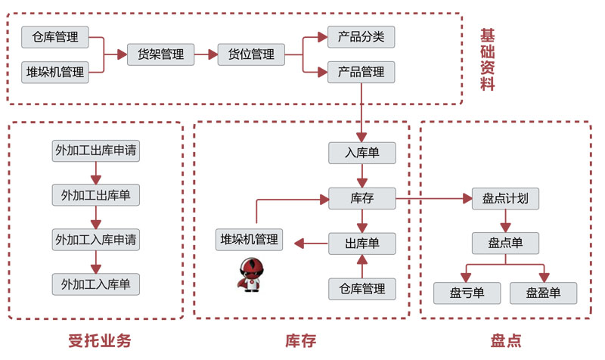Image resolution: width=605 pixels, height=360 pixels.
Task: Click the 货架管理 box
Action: [160, 54]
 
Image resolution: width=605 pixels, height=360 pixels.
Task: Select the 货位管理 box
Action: [251, 54]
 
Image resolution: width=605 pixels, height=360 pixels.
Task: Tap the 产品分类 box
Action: [361, 36]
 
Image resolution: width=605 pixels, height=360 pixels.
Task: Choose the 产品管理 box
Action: [361, 73]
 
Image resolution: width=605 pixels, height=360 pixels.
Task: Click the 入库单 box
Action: [361, 153]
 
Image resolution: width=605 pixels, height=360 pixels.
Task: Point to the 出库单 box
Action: [361, 244]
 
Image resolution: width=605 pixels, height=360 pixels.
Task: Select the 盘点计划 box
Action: [505, 200]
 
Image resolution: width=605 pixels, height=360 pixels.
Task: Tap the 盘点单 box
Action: [505, 244]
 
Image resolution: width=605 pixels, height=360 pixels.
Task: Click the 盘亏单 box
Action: [467, 293]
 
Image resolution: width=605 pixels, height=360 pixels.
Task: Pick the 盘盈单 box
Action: [544, 293]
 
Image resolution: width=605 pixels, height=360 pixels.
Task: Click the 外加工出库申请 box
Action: [96, 150]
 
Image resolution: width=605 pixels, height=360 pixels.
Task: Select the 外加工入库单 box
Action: [96, 284]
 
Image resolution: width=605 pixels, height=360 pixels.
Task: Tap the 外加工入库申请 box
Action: [96, 241]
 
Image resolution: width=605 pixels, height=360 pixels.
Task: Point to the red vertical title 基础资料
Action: [488, 59]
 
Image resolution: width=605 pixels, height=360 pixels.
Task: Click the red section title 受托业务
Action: [94, 340]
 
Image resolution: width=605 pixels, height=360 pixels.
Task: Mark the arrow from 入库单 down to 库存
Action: [362, 177]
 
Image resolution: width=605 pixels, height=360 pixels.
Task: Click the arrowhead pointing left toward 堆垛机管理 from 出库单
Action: [299, 243]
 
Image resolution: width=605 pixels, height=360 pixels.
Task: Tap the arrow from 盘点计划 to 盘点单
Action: [505, 222]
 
